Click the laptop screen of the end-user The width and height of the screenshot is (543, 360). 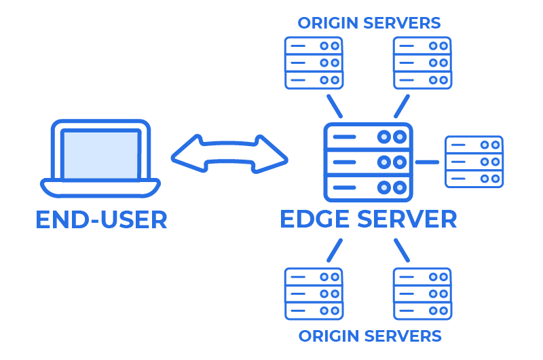tap(100, 154)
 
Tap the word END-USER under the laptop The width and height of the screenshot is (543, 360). tap(101, 219)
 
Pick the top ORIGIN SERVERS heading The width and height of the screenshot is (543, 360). tap(369, 22)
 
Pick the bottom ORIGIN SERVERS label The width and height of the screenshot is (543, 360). tap(369, 336)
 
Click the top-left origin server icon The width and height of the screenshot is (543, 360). tap(313, 62)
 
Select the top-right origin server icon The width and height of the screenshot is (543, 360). tap(423, 62)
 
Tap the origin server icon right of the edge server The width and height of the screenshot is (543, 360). tap(474, 162)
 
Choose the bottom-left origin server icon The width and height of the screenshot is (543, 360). tap(313, 293)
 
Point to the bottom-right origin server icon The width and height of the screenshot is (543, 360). tap(423, 293)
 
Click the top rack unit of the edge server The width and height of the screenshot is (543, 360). tap(368, 137)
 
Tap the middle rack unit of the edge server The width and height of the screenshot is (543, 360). tap(368, 162)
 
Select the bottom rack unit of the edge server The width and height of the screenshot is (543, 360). tap(368, 187)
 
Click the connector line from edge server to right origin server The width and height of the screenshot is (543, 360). tap(427, 162)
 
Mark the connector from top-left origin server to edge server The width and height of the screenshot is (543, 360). tap(335, 106)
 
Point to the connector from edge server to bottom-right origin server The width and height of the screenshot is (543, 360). tap(401, 249)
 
